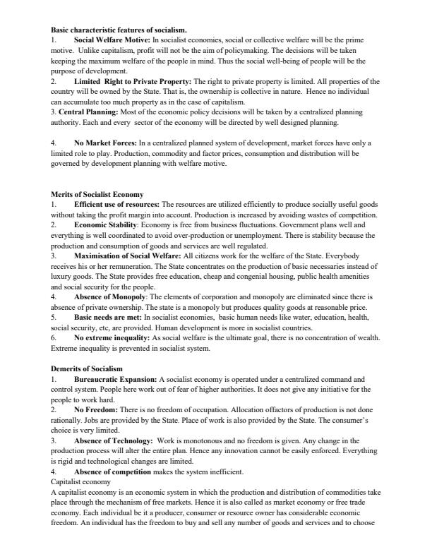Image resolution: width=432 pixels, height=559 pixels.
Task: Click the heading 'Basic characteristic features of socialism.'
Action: (x=119, y=30)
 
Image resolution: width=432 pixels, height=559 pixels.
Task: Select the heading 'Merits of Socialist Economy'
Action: (x=97, y=194)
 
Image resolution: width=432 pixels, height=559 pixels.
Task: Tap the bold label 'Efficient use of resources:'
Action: (x=117, y=204)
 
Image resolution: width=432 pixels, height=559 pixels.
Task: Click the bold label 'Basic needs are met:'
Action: (x=107, y=317)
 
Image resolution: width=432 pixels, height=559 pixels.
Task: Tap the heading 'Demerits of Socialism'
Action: (x=87, y=368)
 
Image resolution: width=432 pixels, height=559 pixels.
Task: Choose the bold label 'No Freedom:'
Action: (x=95, y=409)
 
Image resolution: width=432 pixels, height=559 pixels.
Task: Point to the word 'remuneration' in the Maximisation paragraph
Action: (x=123, y=266)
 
